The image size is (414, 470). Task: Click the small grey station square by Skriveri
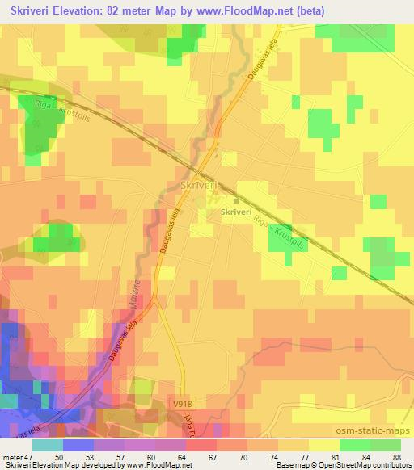tap(235, 201)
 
